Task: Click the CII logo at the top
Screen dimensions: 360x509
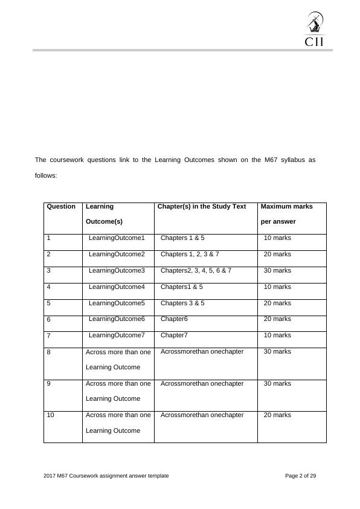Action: pos(313,30)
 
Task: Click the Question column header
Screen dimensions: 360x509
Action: pos(61,207)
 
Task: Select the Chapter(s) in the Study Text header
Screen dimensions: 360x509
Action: pos(202,207)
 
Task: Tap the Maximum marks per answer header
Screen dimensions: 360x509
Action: pos(286,214)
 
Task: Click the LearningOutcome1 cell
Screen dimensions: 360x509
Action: pos(117,238)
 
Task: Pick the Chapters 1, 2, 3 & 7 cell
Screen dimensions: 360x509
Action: pos(190,254)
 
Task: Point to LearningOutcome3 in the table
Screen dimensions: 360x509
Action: pos(117,271)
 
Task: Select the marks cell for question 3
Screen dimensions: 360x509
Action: pos(277,271)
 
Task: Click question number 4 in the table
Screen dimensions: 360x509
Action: pos(48,287)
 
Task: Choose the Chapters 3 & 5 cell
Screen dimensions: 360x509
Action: pos(182,303)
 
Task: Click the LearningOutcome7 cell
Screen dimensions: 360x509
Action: pos(117,335)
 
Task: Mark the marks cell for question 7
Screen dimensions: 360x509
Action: pos(277,335)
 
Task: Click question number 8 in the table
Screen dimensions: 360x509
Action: pos(48,352)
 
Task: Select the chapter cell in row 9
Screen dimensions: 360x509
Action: pos(202,383)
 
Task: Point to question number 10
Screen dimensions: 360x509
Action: pos(50,415)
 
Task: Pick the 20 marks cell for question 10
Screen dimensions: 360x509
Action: pos(277,415)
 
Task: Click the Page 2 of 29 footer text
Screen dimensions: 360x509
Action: pos(300,476)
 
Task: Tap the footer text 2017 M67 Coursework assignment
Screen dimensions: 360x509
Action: pos(106,476)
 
